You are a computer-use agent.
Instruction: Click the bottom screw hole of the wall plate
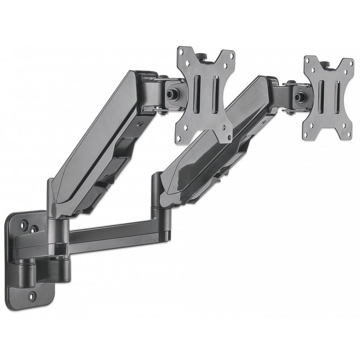(x=32, y=296)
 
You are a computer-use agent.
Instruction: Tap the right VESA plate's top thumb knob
(x=326, y=62)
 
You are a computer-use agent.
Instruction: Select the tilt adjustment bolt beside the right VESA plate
(x=298, y=96)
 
